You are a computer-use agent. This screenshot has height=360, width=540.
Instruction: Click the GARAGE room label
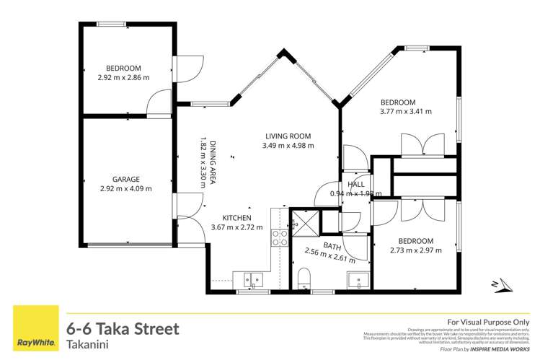(x=125, y=179)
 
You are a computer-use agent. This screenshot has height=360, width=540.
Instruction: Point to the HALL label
(x=356, y=185)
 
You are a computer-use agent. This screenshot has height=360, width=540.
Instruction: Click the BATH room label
(x=332, y=247)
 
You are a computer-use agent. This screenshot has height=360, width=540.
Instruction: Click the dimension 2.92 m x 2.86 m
(x=123, y=77)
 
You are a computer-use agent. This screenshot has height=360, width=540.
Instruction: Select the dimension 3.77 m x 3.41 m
(x=406, y=112)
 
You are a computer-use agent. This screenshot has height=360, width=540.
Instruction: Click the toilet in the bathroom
(x=304, y=277)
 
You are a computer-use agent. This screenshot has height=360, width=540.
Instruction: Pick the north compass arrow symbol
(x=497, y=286)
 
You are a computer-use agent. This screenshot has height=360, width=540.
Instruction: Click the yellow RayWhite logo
(x=32, y=329)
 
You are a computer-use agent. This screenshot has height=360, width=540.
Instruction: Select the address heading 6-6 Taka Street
(x=122, y=329)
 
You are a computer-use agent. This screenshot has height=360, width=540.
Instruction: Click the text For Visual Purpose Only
(x=489, y=322)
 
